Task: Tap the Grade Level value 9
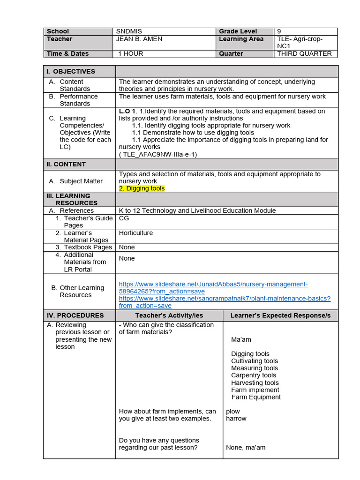pyautogui.click(x=279, y=31)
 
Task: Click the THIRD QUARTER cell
pyautogui.click(x=304, y=53)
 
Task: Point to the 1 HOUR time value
pyautogui.click(x=131, y=53)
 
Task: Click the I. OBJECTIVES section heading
pyautogui.click(x=70, y=71)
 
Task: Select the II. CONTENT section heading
pyautogui.click(x=66, y=164)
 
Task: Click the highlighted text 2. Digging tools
pyautogui.click(x=142, y=188)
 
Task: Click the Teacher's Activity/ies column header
pyautogui.click(x=169, y=315)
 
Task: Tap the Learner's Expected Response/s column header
pyautogui.click(x=280, y=315)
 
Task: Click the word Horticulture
pyautogui.click(x=136, y=233)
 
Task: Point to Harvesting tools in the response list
pyautogui.click(x=255, y=382)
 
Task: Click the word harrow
pyautogui.click(x=236, y=419)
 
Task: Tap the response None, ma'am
pyautogui.click(x=246, y=447)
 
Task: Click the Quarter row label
pyautogui.click(x=231, y=53)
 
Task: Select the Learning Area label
pyautogui.click(x=241, y=39)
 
